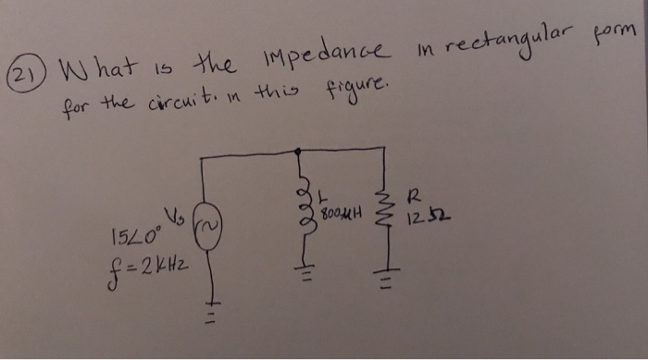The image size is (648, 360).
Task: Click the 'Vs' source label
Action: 179,216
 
